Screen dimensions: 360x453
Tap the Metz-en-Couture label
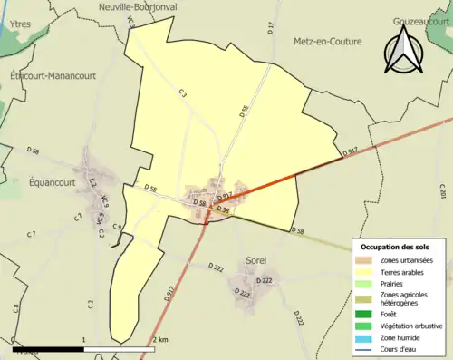pos(327,42)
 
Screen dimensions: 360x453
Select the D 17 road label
pos(271,28)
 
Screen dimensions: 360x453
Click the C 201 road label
pos(443,192)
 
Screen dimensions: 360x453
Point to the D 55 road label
pos(244,113)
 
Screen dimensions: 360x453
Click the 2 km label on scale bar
pos(160,339)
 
